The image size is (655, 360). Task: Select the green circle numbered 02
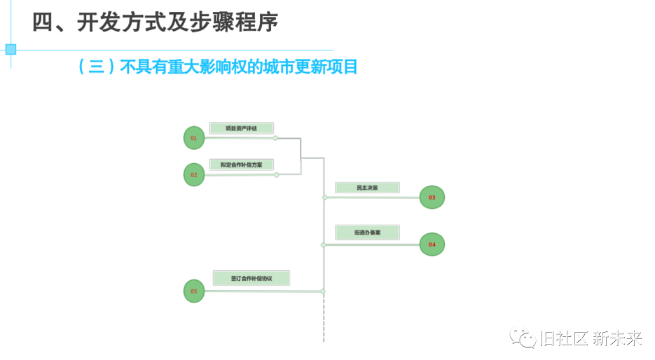click(x=194, y=174)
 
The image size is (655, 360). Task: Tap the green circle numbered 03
click(x=432, y=198)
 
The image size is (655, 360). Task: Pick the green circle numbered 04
click(x=432, y=244)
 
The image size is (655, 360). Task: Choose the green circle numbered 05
click(x=194, y=291)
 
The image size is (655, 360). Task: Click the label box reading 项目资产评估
click(x=241, y=128)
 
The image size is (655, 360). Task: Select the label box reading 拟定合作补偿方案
click(x=241, y=165)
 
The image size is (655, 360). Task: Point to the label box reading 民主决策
click(x=367, y=188)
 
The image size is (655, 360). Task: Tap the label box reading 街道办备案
click(x=367, y=232)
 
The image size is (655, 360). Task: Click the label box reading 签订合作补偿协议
click(x=251, y=278)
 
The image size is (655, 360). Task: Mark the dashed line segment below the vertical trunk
click(x=324, y=319)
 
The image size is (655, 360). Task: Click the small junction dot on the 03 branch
click(x=325, y=198)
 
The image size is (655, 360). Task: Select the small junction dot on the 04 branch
click(x=323, y=244)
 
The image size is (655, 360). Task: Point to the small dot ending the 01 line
click(x=275, y=138)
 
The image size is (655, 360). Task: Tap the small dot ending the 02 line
click(x=277, y=174)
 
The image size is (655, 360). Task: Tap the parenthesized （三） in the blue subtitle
click(x=97, y=67)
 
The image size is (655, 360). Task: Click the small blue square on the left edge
click(x=11, y=49)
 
